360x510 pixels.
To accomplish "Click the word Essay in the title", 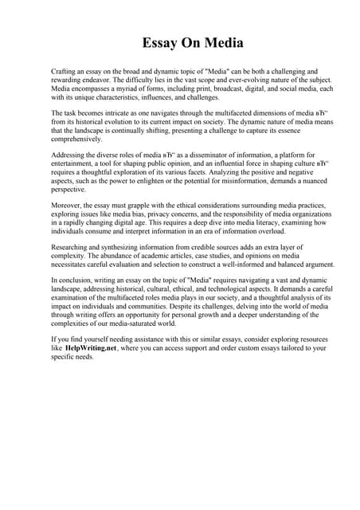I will click(x=160, y=42).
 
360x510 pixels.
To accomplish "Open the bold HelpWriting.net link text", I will click(x=95, y=348).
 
